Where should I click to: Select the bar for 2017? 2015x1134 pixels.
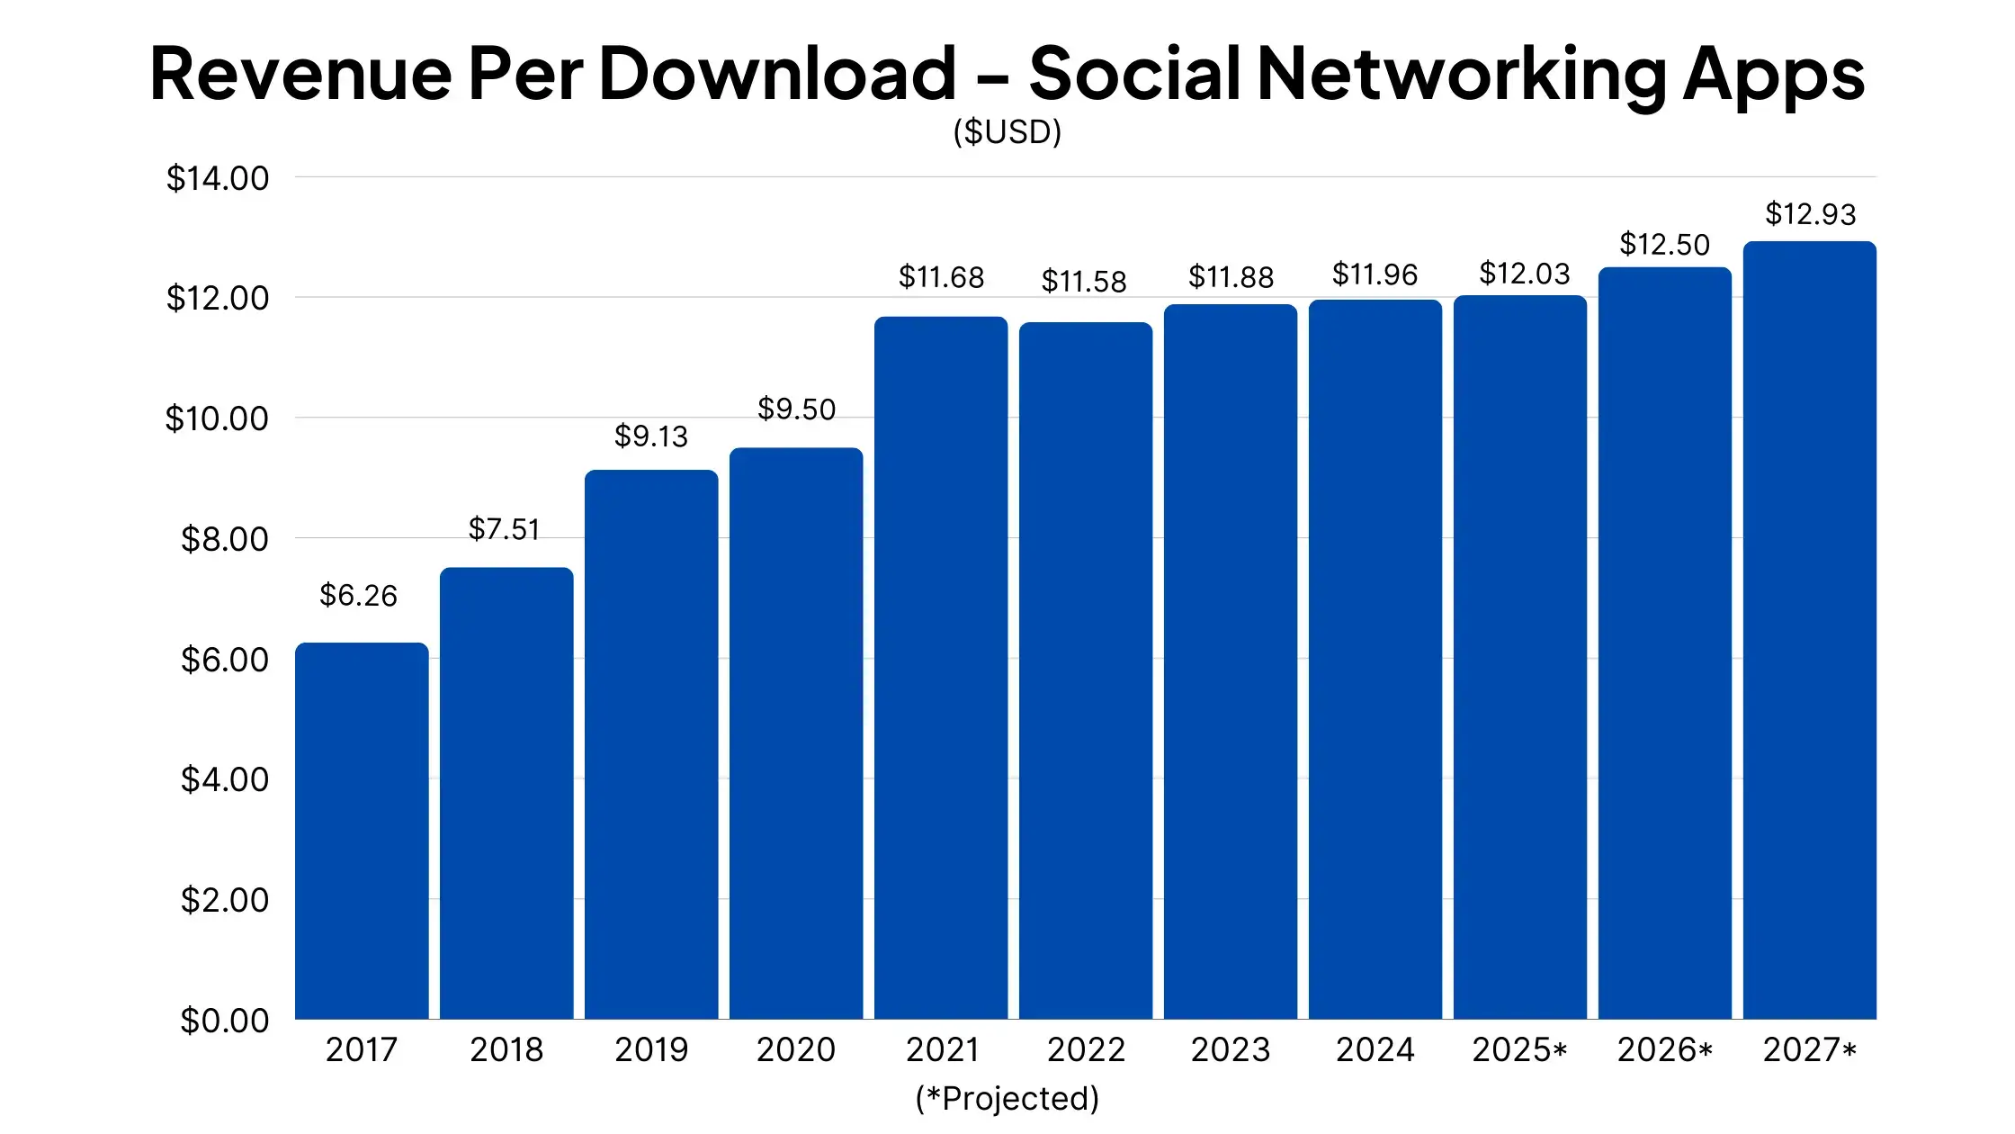(x=362, y=831)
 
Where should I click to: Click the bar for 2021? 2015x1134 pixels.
(x=941, y=668)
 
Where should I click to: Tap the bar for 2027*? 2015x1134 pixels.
(x=1810, y=630)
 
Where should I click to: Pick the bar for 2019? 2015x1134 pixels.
(x=651, y=744)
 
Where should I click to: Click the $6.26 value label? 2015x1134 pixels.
(x=358, y=595)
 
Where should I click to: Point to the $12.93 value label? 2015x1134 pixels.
(x=1810, y=214)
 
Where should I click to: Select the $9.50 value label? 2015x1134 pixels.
(x=796, y=409)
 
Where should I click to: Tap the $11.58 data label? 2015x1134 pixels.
(x=1083, y=282)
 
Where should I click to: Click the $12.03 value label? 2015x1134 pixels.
(x=1524, y=273)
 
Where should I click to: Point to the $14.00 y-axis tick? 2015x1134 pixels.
(x=218, y=178)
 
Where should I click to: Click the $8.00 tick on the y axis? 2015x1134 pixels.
(x=225, y=539)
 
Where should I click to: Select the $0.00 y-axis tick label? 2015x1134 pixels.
(x=225, y=1021)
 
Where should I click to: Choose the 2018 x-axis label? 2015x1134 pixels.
(x=506, y=1049)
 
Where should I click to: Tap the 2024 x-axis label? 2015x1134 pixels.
(x=1375, y=1049)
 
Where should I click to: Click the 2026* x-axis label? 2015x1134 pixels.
(x=1664, y=1049)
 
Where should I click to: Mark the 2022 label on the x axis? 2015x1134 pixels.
(x=1086, y=1049)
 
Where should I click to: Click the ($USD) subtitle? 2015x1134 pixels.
(x=1007, y=132)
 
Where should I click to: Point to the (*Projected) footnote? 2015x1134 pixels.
(x=1007, y=1099)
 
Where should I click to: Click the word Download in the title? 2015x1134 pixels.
(x=777, y=73)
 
